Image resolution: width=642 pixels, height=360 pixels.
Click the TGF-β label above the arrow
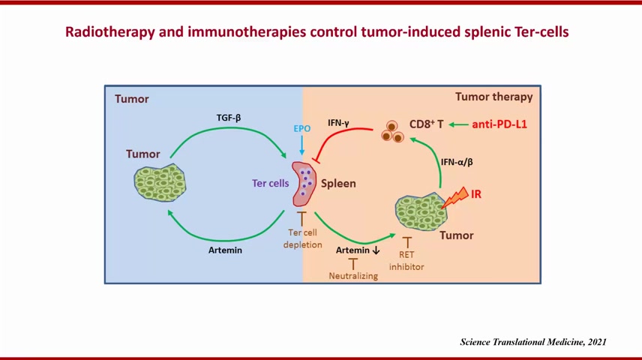[229, 118]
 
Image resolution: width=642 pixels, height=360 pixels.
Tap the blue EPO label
[302, 128]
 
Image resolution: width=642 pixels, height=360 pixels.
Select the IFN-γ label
[338, 122]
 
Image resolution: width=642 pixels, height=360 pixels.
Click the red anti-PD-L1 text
[499, 124]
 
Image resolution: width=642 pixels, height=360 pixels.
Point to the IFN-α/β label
[457, 162]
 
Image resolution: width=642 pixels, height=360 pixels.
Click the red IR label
[475, 193]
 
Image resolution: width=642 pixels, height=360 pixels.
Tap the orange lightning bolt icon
[455, 197]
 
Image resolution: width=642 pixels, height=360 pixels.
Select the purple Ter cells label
[270, 183]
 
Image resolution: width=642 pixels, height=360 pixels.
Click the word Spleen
[338, 184]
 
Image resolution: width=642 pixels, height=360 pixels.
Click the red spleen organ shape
[304, 184]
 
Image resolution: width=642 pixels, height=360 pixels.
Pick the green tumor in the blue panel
[160, 183]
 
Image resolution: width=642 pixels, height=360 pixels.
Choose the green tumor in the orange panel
[421, 211]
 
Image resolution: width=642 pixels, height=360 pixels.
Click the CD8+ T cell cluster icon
[392, 131]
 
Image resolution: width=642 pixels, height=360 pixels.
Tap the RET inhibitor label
[406, 260]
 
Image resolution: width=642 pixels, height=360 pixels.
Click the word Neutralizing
[353, 276]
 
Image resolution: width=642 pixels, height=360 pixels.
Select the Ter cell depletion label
[302, 238]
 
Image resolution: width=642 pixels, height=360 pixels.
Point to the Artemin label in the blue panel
[225, 250]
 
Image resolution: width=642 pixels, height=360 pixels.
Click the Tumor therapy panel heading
[494, 97]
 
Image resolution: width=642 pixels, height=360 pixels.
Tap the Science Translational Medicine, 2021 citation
[533, 342]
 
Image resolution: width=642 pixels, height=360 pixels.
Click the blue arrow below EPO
[301, 145]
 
